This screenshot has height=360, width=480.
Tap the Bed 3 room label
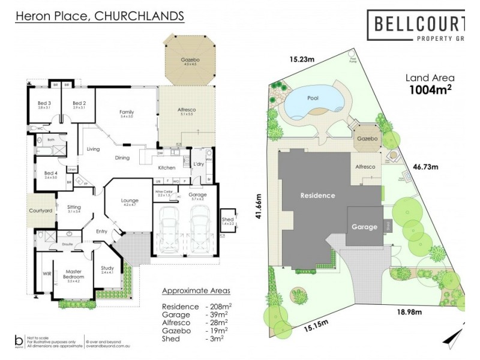click(44, 103)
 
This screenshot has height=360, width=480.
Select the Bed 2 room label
click(79, 103)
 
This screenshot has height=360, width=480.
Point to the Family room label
click(127, 112)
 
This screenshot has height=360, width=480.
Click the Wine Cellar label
click(163, 192)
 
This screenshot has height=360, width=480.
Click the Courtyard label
click(41, 211)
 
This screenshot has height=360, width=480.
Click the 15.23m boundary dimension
click(302, 59)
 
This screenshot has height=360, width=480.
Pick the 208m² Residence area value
click(217, 306)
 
